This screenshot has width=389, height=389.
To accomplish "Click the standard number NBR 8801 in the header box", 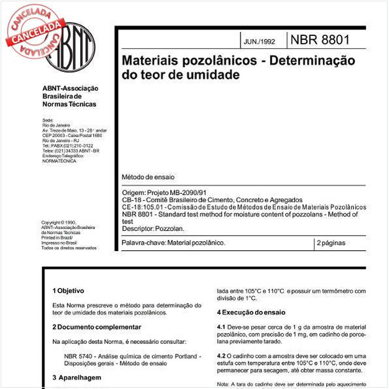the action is (319, 40).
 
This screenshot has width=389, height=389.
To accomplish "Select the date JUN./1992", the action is (260, 41).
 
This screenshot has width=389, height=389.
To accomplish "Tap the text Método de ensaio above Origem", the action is (148, 177).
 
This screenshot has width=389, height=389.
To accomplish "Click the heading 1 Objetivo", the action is (69, 290).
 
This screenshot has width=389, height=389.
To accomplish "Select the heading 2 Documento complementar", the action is (96, 326).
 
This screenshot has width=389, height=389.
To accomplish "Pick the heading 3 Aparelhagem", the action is (76, 377).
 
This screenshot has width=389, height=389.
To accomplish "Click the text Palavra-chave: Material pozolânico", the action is (174, 243).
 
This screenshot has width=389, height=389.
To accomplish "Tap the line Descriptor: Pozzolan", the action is (153, 229).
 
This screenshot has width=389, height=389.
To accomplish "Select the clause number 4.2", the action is (222, 355).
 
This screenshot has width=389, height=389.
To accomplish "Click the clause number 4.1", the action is (222, 326).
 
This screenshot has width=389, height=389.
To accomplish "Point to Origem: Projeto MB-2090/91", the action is (165, 193).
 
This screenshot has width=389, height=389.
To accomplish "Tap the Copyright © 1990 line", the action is (59, 222).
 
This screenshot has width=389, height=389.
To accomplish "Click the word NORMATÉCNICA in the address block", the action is (59, 160).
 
